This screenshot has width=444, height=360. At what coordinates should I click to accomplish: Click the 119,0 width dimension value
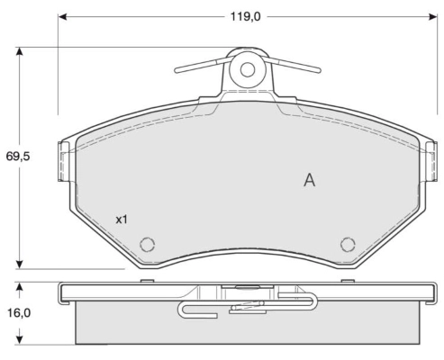pyautogui.click(x=238, y=16)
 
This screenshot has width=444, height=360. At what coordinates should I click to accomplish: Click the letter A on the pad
pyautogui.click(x=309, y=180)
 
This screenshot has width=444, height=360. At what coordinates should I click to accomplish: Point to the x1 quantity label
pyautogui.click(x=122, y=219)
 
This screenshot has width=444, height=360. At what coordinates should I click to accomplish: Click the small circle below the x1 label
pyautogui.click(x=148, y=244)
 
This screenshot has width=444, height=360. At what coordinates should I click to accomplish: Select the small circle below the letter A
pyautogui.click(x=348, y=244)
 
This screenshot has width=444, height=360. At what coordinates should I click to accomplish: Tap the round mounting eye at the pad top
pyautogui.click(x=247, y=70)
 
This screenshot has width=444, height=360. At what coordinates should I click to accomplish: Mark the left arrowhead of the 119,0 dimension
pyautogui.click(x=63, y=16)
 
